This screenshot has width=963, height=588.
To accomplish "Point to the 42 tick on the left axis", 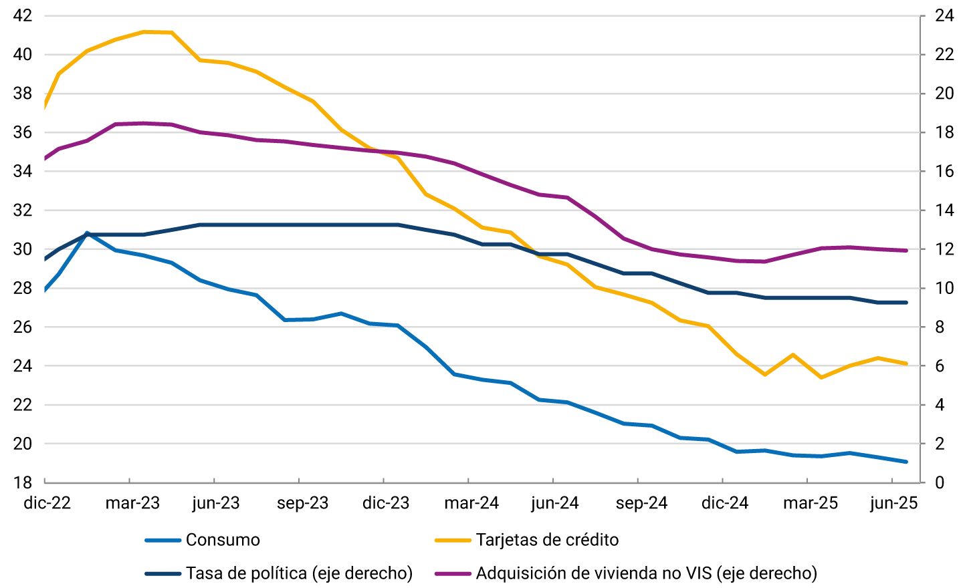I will coord(23,15).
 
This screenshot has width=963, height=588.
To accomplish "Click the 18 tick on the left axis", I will coord(23,482).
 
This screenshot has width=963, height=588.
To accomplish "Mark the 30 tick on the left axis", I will coord(23,249).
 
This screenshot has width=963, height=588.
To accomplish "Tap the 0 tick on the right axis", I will coord(940,482).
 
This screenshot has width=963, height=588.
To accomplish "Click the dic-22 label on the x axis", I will coord(47,503).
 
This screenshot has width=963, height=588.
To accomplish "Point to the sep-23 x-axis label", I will coord(302,503).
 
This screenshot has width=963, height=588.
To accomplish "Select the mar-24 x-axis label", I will coord(471,503).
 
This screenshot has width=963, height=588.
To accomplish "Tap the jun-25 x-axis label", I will coord(894,503).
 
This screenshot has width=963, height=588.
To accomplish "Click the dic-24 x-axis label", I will coord(725,503).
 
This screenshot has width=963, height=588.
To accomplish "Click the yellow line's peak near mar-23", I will coord(144,31).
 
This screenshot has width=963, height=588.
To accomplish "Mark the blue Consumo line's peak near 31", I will coord(87,233).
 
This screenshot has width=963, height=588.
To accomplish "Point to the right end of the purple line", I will coord(906,251).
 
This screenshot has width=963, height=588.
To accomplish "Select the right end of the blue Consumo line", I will coord(906,462).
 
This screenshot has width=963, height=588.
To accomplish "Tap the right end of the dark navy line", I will coord(906,303).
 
